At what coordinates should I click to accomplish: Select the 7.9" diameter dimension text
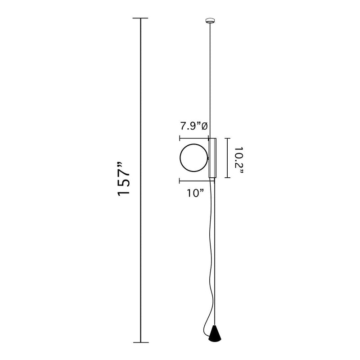coord(194,126)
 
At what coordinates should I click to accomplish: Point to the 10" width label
coord(195,193)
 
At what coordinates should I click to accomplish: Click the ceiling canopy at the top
coord(210,21)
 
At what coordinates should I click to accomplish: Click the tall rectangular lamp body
coord(212,158)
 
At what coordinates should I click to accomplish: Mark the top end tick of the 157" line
coord(140,18)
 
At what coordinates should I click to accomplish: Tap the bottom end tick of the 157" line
coord(141,342)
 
